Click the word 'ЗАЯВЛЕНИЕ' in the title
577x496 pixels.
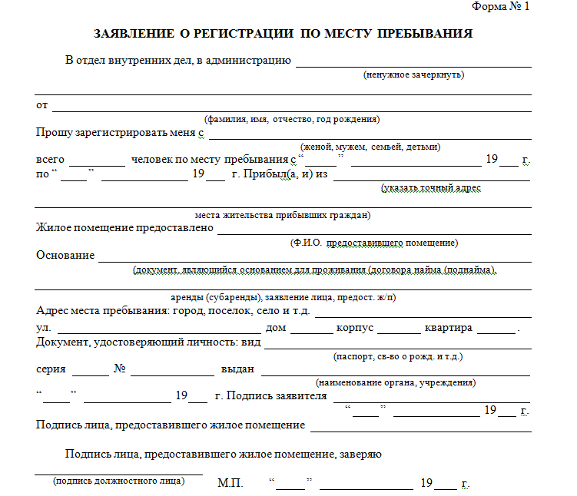pos(132,34)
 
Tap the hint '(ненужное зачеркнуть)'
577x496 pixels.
pos(413,75)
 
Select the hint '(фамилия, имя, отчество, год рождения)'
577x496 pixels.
pos(292,119)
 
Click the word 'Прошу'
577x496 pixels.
pos(55,132)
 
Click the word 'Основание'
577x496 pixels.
pos(65,255)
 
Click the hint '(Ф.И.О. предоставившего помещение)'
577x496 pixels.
pos(374,243)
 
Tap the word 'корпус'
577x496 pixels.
pos(355,328)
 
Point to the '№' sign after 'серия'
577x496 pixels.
pos(120,369)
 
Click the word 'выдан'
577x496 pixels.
pos(237,369)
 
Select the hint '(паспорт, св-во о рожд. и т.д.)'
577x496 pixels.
pos(397,357)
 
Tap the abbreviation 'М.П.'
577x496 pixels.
pos(230,484)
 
